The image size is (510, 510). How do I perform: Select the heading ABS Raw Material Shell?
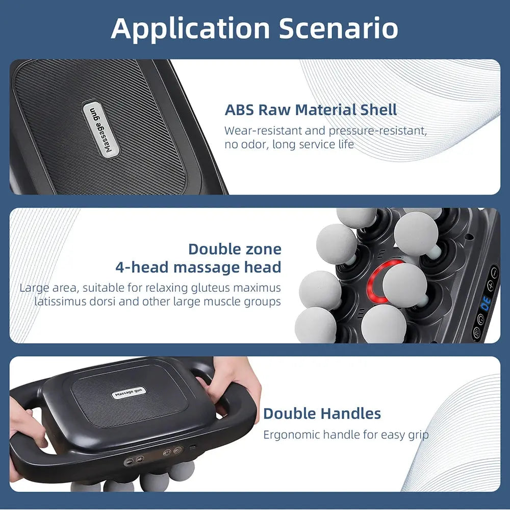pos(311,110)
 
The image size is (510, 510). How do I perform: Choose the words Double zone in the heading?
pos(235,249)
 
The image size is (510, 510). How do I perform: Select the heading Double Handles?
pos(322,414)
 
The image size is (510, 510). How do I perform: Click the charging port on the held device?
pos(192,447)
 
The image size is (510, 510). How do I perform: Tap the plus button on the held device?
pos(140,458)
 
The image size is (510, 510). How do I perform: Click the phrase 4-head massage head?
pos(198,267)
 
